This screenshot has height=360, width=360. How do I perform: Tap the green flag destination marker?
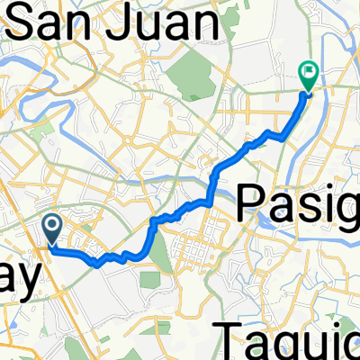309,74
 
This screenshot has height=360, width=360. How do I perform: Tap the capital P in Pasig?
253,204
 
